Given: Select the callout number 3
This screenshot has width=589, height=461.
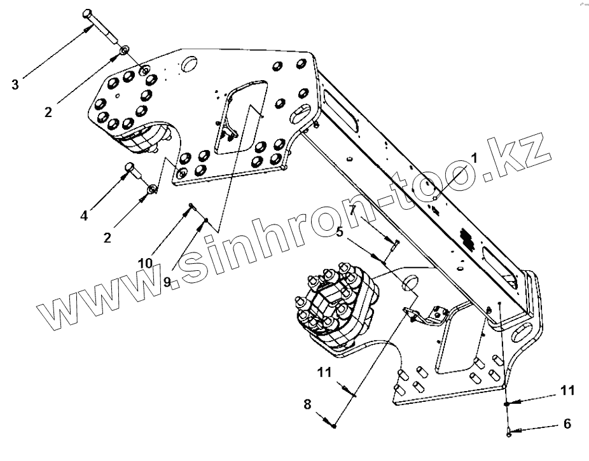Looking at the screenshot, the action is (16, 83).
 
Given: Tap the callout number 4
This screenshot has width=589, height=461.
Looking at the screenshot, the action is (84, 216).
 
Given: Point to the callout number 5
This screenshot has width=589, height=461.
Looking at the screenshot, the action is (340, 232).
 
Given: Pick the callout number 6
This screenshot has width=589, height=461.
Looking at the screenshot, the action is (567, 423).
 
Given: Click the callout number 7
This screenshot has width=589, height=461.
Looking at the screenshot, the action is (352, 210).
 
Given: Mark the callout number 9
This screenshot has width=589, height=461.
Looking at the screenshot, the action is (167, 281).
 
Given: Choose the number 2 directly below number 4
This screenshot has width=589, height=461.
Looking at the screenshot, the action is (107, 237).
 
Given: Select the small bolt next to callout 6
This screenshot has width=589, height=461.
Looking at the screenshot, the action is (509, 432).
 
